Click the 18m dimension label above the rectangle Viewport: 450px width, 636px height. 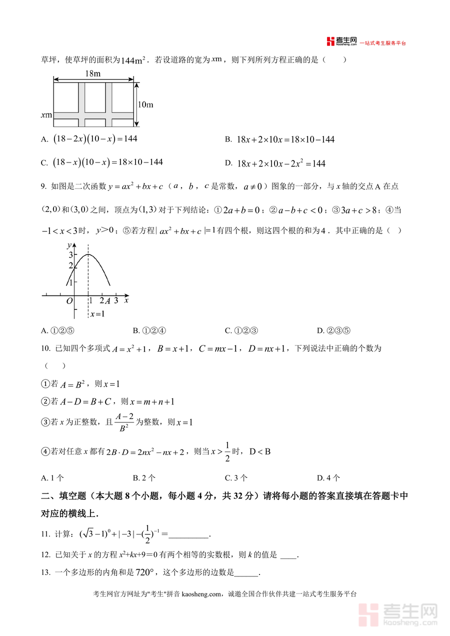[93, 73]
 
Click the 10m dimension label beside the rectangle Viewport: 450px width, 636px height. [145, 104]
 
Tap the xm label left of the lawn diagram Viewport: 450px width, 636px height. [46, 115]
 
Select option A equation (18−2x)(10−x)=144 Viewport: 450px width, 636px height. [95, 139]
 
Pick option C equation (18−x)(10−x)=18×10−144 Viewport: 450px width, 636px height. [108, 162]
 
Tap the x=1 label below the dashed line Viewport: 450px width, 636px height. [97, 314]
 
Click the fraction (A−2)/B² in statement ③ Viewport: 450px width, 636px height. [122, 422]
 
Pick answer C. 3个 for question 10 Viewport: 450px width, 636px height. [236, 477]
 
